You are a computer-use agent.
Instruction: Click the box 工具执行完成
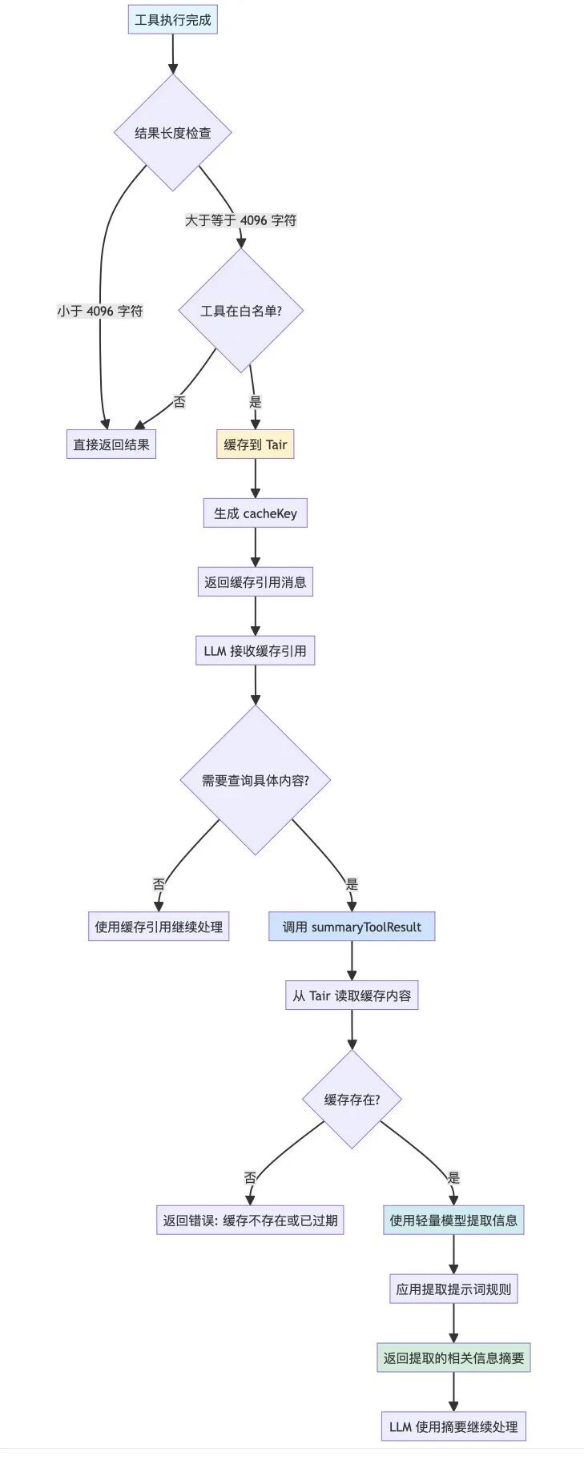173,20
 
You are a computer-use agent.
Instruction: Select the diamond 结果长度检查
173,133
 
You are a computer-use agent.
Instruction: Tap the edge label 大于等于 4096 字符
241,220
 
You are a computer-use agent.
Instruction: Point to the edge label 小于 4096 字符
100,311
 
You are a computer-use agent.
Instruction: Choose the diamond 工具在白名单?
241,311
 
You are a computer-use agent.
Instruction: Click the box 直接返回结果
111,444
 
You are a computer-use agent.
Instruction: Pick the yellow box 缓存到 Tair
256,444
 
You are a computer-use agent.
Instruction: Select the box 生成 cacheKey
256,513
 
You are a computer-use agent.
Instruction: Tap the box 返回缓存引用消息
256,582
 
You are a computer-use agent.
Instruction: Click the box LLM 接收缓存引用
256,651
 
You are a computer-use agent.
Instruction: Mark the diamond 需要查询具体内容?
256,780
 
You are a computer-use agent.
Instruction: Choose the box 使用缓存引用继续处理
159,927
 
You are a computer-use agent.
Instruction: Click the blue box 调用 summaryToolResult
352,927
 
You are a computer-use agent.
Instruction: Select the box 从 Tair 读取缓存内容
352,995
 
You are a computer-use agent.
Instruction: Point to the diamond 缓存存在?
352,1100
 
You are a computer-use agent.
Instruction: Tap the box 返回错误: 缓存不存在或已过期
250,1221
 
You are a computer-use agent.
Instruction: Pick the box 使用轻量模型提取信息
453,1221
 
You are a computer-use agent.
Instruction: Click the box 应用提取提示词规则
453,1289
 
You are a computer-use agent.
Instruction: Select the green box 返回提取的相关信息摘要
453,1358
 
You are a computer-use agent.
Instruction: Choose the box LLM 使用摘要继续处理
453,1426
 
